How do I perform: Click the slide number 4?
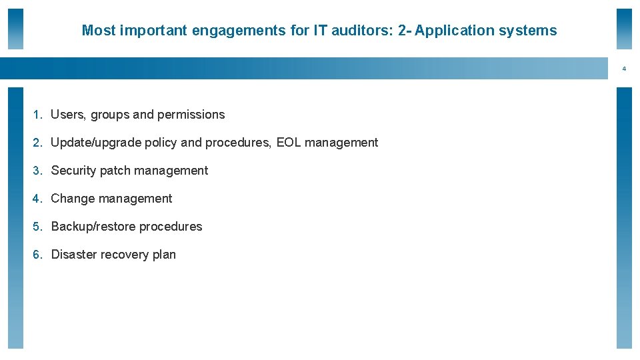(625, 69)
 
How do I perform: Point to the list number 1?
(37, 115)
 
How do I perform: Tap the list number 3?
(37, 171)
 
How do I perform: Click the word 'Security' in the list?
(73, 171)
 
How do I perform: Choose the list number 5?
(37, 227)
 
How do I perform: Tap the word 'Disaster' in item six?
(74, 255)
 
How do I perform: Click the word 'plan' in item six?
(164, 255)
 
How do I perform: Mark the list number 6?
(37, 255)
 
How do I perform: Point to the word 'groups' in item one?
(110, 115)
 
